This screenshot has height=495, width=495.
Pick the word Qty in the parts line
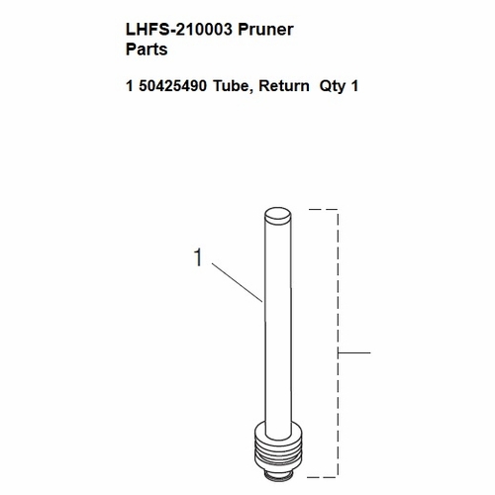click(334, 86)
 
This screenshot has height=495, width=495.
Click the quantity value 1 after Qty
click(354, 86)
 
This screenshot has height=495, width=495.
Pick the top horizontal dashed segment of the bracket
click(324, 210)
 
